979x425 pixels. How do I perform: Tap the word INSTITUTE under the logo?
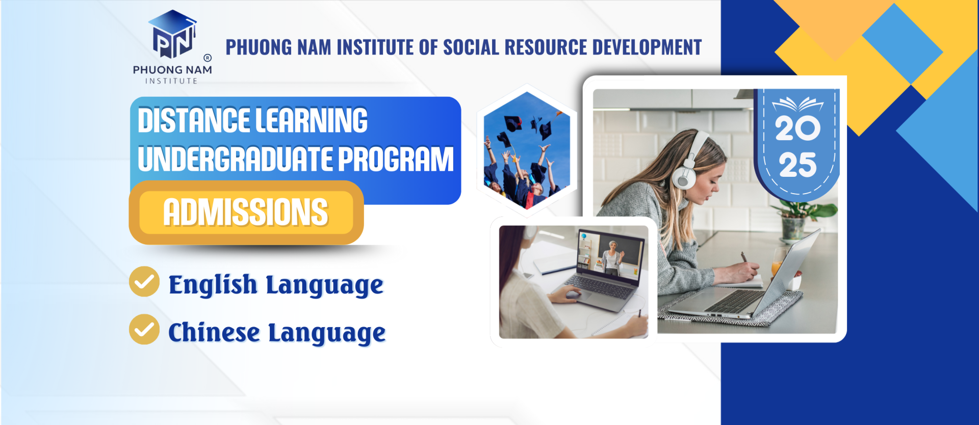[171, 81]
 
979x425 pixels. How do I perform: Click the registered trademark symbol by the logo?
[208, 58]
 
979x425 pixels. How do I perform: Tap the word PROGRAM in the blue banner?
[396, 159]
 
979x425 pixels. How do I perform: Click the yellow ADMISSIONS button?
[246, 213]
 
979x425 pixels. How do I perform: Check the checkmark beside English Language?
[144, 281]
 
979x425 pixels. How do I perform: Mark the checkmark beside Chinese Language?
[144, 329]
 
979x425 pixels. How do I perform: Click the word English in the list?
[213, 284]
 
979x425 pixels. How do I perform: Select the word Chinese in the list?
[214, 333]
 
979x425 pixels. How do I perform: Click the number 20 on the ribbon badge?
[797, 128]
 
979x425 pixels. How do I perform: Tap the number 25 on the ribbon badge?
[797, 165]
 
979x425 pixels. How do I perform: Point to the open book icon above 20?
[797, 104]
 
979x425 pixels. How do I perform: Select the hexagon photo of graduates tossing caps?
[527, 150]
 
